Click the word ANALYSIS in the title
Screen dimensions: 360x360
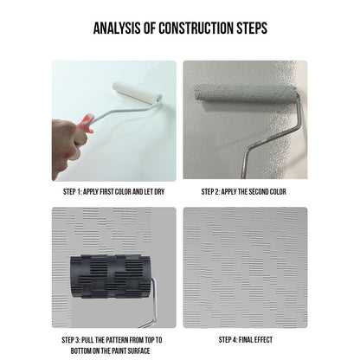pyautogui.click(x=117, y=28)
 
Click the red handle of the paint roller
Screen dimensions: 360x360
pyautogui.click(x=86, y=124)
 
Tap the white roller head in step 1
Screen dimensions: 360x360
pyautogui.click(x=136, y=93)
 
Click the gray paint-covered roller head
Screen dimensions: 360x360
pyautogui.click(x=246, y=93)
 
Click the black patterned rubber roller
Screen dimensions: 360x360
pyautogui.click(x=111, y=276)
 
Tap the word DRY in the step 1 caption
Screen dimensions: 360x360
pyautogui.click(x=159, y=191)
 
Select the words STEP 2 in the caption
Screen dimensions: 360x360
pyautogui.click(x=210, y=191)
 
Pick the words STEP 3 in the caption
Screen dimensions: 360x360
pyautogui.click(x=71, y=340)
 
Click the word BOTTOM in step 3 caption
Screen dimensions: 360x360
pyautogui.click(x=80, y=351)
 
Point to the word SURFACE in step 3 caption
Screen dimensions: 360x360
pyautogui.click(x=138, y=351)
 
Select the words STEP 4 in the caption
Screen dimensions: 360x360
pyautogui.click(x=228, y=340)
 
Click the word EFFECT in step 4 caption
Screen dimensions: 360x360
pyautogui.click(x=264, y=340)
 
